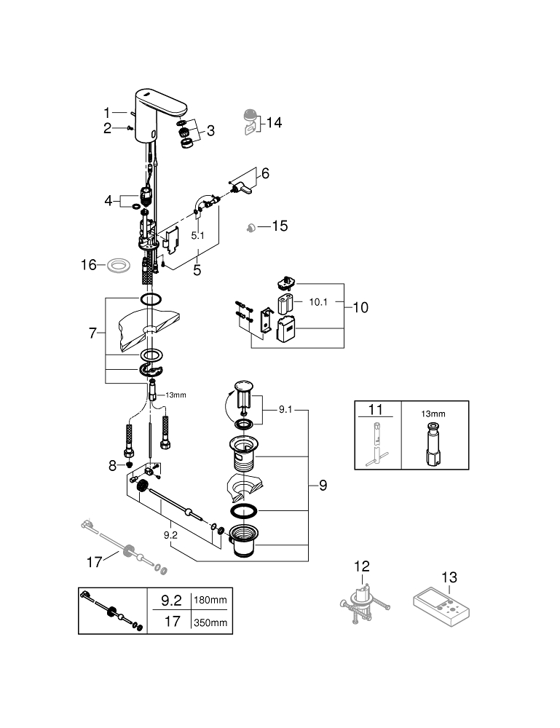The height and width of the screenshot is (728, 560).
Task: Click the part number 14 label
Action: pos(274,123)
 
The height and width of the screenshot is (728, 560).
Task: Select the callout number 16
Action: pos(88,265)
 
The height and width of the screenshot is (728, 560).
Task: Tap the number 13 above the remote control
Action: pos(449,577)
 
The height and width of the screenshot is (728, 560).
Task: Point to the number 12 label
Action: pos(362,567)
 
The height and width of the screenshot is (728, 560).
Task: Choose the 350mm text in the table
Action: pos(210,623)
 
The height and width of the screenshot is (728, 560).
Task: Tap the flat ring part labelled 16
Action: pos(116,265)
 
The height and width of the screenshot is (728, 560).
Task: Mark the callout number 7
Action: pos(92,333)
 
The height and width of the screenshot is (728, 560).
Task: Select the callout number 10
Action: pos(360,308)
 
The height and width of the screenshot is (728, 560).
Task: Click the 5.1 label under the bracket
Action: pos(198,236)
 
